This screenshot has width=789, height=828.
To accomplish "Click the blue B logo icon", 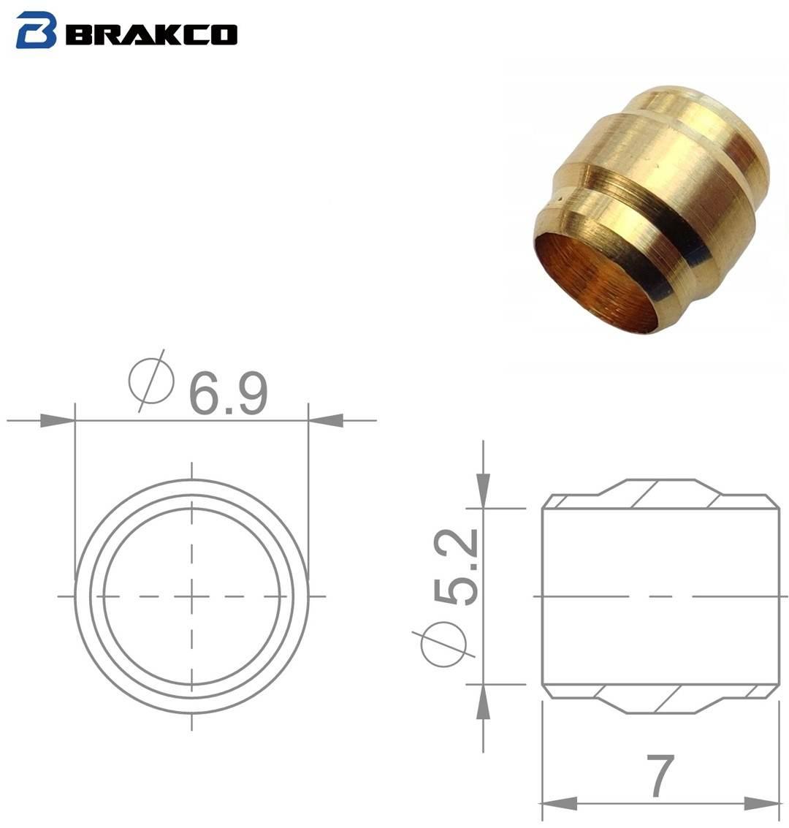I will click(x=36, y=31).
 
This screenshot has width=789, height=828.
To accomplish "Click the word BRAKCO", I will click(x=151, y=34).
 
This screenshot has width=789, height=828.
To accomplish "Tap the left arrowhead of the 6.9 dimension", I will click(x=57, y=421).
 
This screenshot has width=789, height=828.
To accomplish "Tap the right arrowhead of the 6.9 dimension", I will click(x=326, y=421).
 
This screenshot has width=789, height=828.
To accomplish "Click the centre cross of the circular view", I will click(x=191, y=596).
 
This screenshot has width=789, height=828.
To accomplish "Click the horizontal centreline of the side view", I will click(x=657, y=596).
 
